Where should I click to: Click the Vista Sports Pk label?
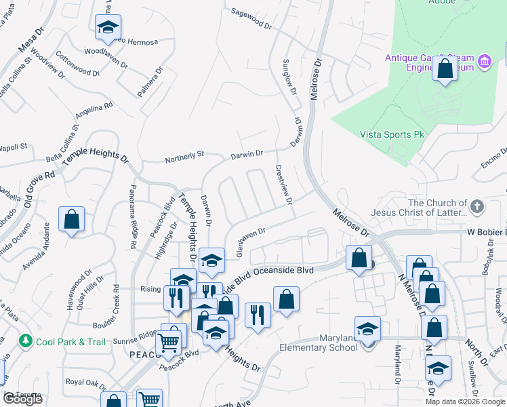click(x=392, y=135)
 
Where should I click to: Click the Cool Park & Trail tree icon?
click(x=26, y=340)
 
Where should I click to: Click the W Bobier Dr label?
click(x=486, y=232)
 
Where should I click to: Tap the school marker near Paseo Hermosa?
click(x=108, y=28)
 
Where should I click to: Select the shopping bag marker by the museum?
click(x=445, y=69)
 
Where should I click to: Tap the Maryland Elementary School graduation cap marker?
click(x=367, y=330)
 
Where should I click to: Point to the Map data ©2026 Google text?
click(x=465, y=402)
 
